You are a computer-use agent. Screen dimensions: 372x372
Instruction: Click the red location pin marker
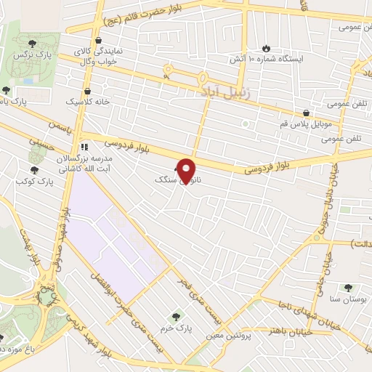click(187, 171)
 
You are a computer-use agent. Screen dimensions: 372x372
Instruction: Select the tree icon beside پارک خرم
click(175, 317)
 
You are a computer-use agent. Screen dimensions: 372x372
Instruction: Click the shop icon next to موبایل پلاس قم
click(308, 113)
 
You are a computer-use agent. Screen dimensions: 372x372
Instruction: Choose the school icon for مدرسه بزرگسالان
click(84, 144)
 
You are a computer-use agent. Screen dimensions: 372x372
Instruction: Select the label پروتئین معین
click(230, 336)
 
